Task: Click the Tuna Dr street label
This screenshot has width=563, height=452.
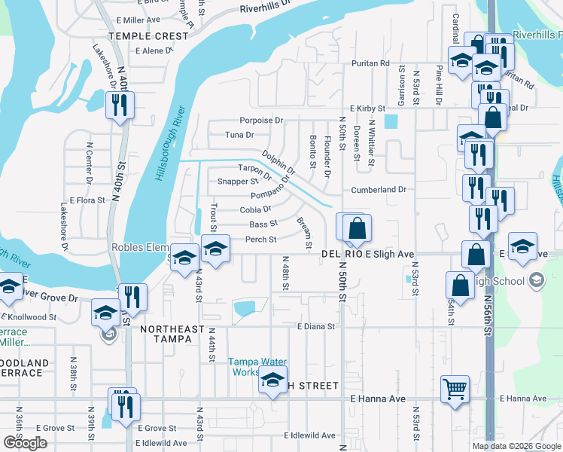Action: tap(240, 135)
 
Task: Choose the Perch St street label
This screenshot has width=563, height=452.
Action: tap(261, 240)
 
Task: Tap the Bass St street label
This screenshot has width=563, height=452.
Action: tap(263, 224)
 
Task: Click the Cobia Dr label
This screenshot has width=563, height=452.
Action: tap(255, 209)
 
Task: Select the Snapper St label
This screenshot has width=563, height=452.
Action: tap(237, 182)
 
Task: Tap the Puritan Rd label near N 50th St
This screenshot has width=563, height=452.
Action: tap(374, 64)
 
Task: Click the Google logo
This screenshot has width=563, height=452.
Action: tap(25, 442)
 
